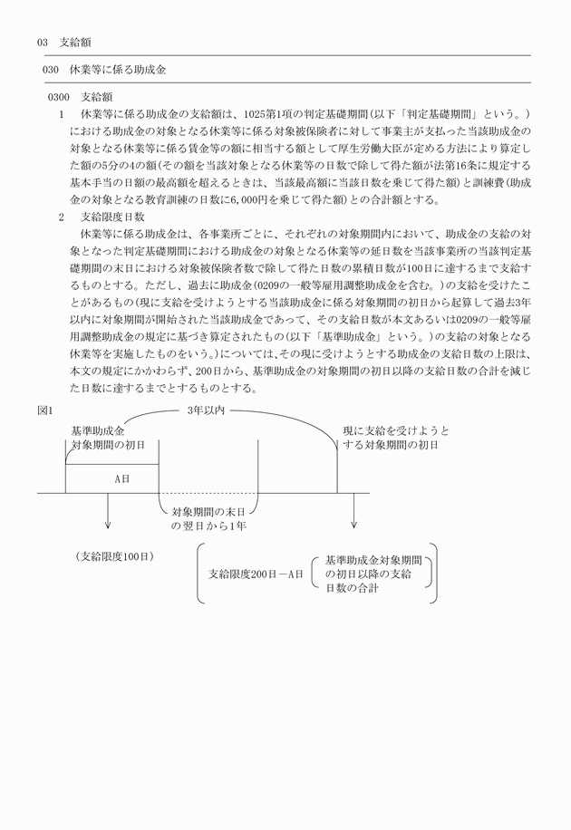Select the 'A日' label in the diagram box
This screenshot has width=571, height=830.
pos(121,478)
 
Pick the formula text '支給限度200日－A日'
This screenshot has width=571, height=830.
pos(256,574)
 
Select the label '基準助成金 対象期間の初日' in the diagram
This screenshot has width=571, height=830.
pos(107,439)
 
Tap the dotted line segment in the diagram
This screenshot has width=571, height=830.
pos(207,494)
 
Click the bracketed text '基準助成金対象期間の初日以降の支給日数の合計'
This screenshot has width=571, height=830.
pos(374,574)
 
